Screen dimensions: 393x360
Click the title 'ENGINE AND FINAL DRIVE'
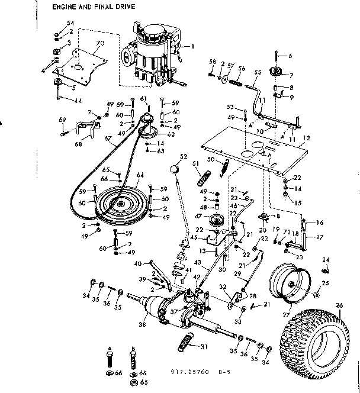point(93,7)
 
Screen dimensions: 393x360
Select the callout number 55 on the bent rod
point(257,72)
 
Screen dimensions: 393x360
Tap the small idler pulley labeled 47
point(214,222)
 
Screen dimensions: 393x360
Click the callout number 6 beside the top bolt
point(290,56)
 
